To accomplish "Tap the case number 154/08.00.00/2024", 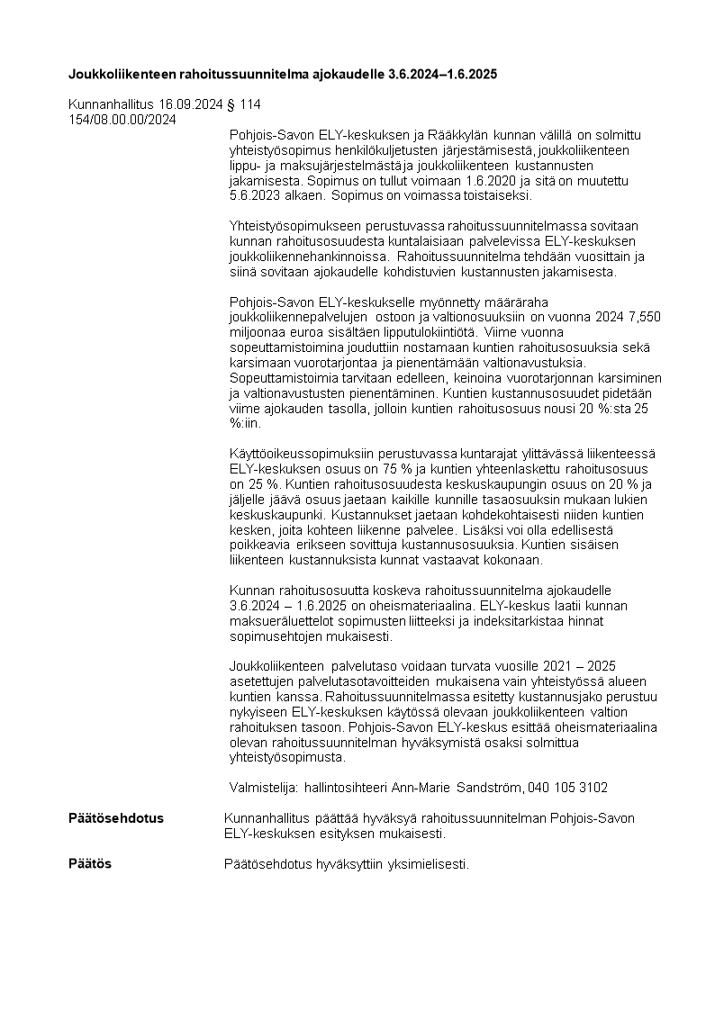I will coord(122,119).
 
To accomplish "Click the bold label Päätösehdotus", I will coord(116,818).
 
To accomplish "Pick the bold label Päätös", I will coord(90,863).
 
